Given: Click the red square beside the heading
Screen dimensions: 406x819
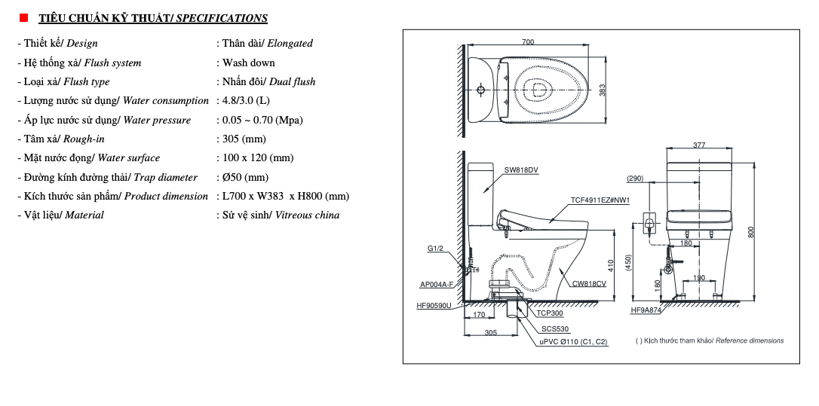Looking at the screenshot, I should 23,17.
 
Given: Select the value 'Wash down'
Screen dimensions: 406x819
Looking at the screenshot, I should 248,63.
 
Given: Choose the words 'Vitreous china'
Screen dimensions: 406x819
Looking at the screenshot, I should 307,215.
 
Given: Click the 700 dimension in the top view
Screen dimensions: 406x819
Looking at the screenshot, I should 528,42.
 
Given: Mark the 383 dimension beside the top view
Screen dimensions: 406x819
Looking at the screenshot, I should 602,90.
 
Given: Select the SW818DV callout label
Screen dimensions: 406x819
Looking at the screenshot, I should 522,170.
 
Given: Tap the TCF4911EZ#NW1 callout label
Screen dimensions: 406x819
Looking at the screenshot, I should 600,200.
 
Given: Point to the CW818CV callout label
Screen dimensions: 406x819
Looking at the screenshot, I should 589,284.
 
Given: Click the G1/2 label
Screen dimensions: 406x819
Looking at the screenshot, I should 436,249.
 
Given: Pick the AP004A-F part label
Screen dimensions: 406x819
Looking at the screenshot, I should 437,285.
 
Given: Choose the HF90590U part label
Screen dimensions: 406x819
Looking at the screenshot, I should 434,305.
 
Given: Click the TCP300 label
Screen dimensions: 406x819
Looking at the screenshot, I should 550,313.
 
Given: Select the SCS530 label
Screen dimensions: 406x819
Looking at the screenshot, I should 555,329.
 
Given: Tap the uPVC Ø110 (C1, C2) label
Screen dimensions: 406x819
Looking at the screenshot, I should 573,342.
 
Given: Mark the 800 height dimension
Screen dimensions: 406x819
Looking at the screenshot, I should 750,232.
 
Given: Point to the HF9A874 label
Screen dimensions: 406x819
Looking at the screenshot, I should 646,310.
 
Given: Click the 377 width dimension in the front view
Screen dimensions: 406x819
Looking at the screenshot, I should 699,145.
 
